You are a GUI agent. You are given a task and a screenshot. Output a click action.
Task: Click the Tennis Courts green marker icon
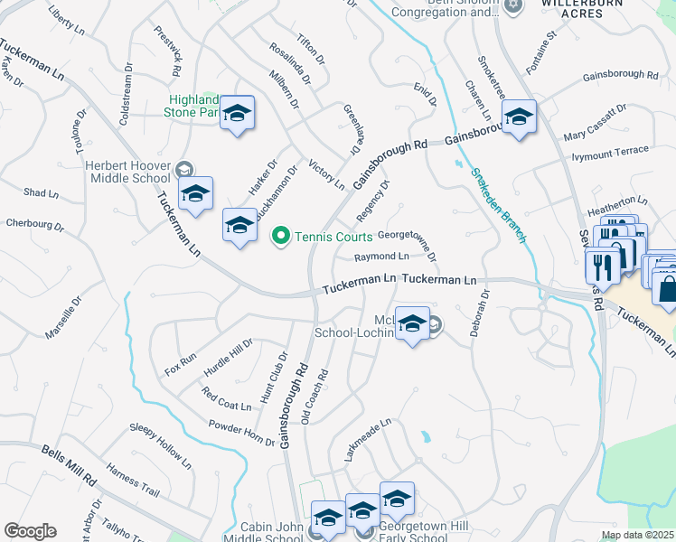281,237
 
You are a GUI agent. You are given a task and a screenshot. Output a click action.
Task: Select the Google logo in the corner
30,531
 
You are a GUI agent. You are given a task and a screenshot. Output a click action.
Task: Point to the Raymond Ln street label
382,257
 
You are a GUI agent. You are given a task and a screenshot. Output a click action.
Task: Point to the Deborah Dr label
479,313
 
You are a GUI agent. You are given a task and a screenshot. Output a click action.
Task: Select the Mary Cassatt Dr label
595,123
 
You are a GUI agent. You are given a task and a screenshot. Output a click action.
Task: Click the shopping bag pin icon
667,289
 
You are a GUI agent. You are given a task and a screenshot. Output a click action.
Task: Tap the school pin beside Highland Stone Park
238,113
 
